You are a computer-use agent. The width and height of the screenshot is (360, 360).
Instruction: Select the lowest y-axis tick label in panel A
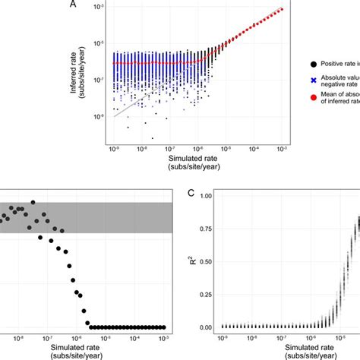(x=101, y=116)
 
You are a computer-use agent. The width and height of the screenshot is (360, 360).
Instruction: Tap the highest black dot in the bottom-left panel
(x=33, y=203)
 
